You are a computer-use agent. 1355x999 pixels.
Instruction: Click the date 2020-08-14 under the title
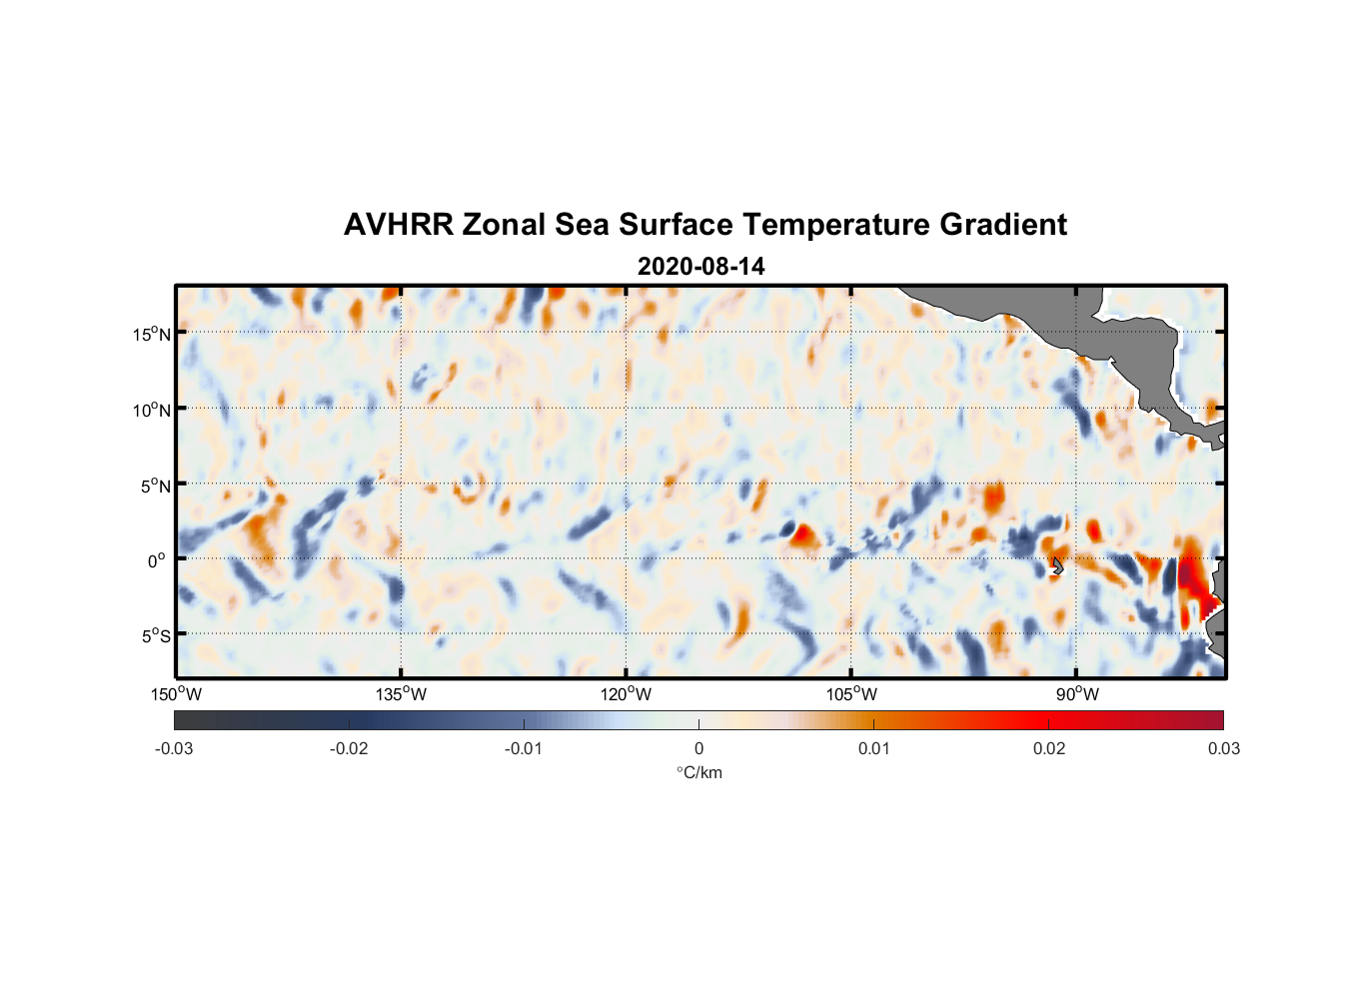click(x=700, y=267)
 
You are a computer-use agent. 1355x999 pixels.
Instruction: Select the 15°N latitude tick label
click(x=152, y=334)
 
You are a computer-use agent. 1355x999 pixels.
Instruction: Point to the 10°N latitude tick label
click(x=152, y=410)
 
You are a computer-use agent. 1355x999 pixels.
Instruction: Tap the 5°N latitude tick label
click(x=156, y=486)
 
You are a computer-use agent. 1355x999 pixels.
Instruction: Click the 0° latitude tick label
click(x=157, y=561)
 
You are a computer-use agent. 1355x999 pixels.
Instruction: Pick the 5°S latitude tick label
click(x=156, y=636)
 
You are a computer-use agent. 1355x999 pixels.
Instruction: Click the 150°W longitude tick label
click(x=177, y=694)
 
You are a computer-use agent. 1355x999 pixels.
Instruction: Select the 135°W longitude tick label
click(x=402, y=694)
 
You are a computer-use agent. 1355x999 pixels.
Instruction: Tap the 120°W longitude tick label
click(x=627, y=694)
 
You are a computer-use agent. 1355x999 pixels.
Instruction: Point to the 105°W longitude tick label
click(x=851, y=694)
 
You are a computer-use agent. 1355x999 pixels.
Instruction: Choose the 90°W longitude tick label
click(x=1077, y=694)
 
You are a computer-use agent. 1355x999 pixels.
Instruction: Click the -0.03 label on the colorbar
click(x=174, y=748)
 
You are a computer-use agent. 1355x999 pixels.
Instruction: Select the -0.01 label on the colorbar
click(x=524, y=748)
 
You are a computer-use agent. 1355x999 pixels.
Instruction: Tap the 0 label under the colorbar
click(x=698, y=748)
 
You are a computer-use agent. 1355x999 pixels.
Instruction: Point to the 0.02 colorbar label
click(x=1049, y=748)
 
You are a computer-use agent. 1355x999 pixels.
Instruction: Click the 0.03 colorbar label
click(x=1223, y=748)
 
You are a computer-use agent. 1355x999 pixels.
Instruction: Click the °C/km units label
click(x=699, y=772)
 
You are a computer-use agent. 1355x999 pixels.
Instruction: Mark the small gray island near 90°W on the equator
click(x=1057, y=566)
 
